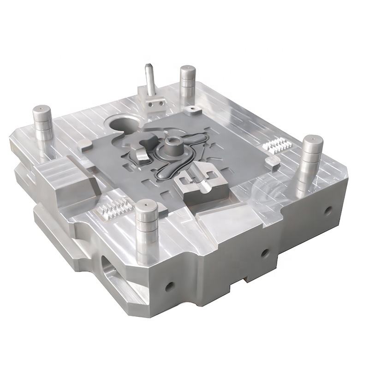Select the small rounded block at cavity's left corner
click(x=83, y=146)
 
